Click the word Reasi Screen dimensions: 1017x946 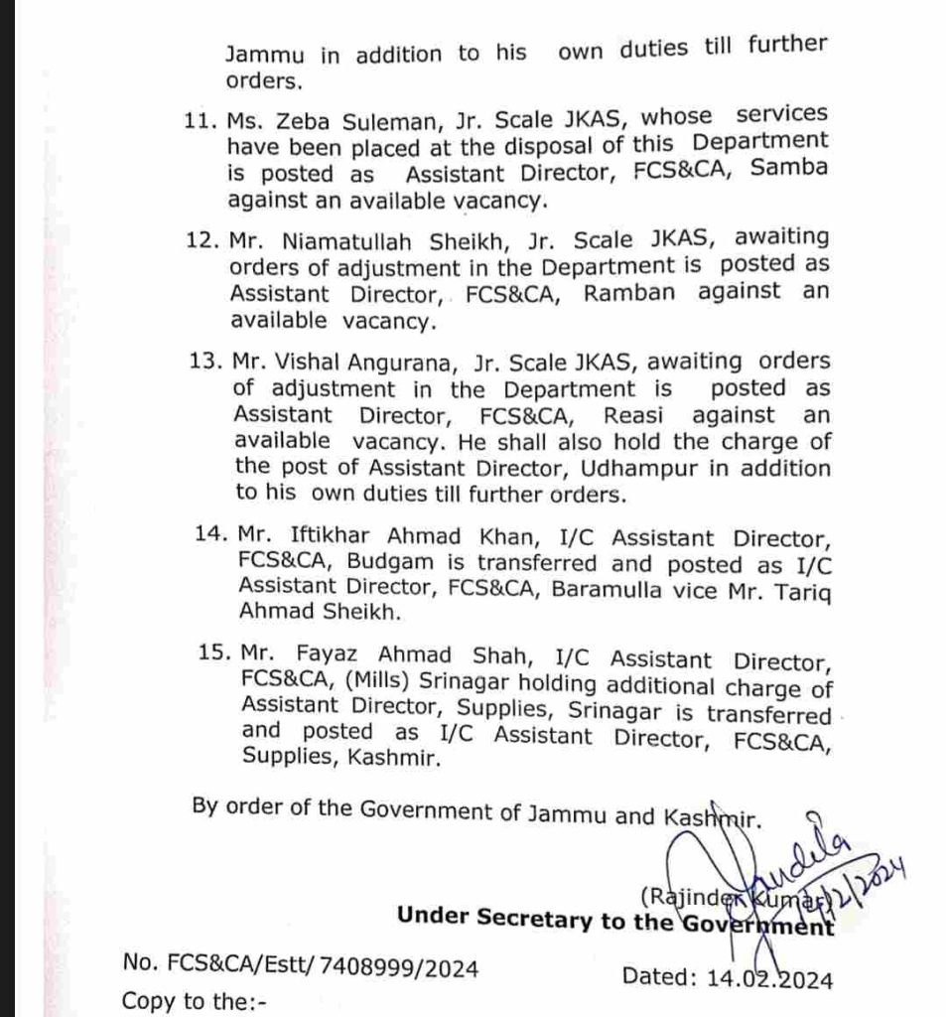[x=616, y=414]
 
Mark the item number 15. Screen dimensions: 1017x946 [x=212, y=658]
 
